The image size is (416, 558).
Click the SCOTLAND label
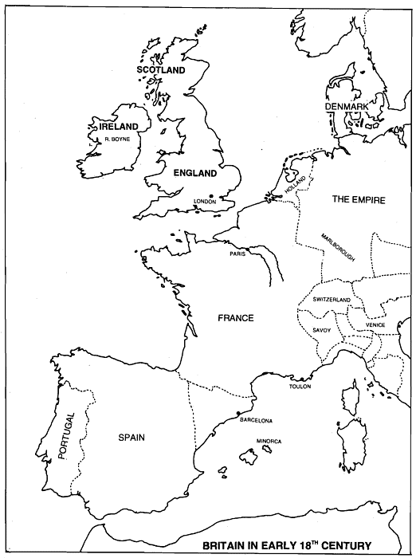pyautogui.click(x=160, y=70)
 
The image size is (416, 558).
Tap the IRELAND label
pyautogui.click(x=114, y=127)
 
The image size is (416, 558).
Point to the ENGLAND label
pyautogui.click(x=194, y=173)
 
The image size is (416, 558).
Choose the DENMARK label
pyautogui.click(x=345, y=107)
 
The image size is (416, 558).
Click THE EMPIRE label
pyautogui.click(x=352, y=200)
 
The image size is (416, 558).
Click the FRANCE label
pyautogui.click(x=235, y=318)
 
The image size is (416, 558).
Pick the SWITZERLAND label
pyautogui.click(x=332, y=299)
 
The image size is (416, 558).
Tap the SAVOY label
pyautogui.click(x=322, y=329)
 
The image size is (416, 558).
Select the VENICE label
pyautogui.click(x=375, y=325)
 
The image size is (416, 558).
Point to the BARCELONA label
pyautogui.click(x=257, y=420)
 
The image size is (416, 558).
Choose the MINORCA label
pyautogui.click(x=269, y=440)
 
